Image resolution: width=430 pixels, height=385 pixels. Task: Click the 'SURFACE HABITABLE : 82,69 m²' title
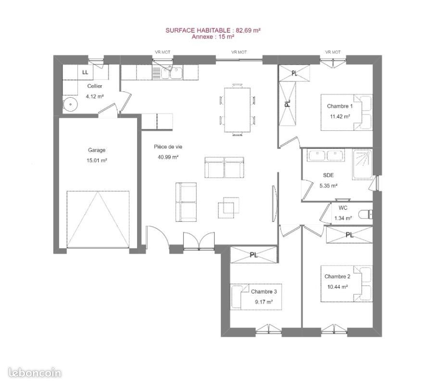point(213,30)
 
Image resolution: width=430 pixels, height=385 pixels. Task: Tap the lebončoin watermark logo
point(35,372)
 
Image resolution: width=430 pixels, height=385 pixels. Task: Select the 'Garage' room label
point(97,150)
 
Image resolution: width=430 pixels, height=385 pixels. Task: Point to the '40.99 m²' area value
point(168,157)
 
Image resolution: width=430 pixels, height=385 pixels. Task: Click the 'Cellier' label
point(95,86)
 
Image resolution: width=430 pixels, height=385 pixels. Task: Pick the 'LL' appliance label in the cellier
point(85,72)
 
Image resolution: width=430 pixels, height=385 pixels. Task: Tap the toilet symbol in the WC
point(366,214)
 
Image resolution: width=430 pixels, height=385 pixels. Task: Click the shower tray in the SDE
point(362,165)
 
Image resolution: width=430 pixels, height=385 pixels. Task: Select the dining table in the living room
point(237,110)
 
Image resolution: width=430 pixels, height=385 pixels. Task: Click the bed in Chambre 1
point(347,112)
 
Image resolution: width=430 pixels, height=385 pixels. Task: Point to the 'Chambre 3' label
point(264,292)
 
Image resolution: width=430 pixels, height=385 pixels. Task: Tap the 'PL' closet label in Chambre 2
point(349,235)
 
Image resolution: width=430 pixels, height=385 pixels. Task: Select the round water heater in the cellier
point(70,104)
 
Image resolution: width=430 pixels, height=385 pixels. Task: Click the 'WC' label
point(343,208)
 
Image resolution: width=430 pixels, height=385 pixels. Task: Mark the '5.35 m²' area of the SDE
point(328,185)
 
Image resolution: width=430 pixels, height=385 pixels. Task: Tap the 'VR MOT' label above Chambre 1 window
point(333,52)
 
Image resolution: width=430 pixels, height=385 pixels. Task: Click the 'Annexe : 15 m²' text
point(213,37)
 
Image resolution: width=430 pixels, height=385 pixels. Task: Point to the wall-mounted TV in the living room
point(274,204)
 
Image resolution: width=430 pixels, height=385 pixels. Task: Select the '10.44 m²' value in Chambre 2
point(338,287)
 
